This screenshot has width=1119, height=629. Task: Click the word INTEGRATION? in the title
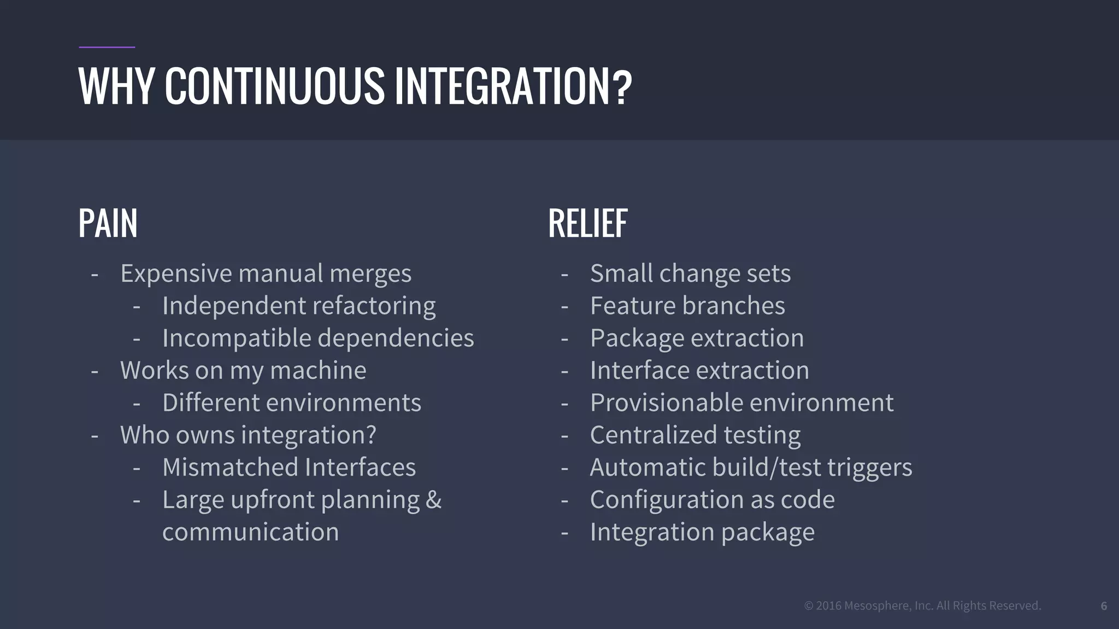(513, 86)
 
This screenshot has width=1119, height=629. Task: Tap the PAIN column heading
(108, 223)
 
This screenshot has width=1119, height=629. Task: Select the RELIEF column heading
(588, 223)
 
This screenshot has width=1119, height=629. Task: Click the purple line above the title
(107, 48)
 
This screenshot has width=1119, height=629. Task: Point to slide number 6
(1104, 606)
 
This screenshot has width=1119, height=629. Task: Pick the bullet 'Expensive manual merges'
(266, 274)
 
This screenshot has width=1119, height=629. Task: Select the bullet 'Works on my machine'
(243, 371)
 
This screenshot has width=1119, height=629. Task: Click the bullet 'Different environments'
(292, 403)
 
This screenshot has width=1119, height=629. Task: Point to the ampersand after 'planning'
(433, 500)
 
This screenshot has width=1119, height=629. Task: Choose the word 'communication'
(250, 532)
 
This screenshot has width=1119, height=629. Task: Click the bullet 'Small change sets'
(690, 274)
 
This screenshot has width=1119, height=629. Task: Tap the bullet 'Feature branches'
(687, 306)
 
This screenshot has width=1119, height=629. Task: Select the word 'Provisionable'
(664, 403)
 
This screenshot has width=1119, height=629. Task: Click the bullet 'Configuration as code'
(712, 500)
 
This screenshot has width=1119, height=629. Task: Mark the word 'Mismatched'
(229, 467)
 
